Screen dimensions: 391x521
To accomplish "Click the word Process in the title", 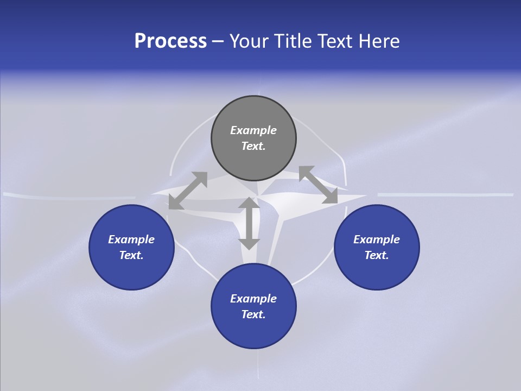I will coord(170,41).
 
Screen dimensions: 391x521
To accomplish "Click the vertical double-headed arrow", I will coord(249,223).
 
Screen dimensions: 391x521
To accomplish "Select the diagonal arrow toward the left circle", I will coord(188,191).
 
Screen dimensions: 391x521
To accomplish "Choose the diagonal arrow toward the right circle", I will coord(318,185).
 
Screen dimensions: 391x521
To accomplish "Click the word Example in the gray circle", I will coord(253,130).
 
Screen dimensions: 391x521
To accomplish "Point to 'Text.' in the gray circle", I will coord(253,146).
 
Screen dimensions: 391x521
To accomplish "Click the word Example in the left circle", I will coord(131,239).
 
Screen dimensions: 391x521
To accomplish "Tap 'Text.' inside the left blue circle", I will coord(131,255).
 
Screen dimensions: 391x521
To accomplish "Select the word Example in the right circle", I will coord(377,239).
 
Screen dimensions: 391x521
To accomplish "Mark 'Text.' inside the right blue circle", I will coord(377,255).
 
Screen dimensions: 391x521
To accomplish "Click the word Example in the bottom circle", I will coord(253,299).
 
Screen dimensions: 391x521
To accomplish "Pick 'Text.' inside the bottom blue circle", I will coord(253,314).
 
